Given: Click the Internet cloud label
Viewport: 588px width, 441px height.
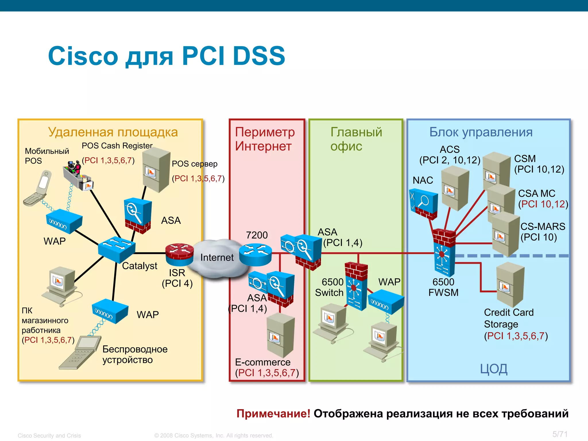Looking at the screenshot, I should [217, 258].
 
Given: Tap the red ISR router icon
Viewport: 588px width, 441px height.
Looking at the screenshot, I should [179, 254].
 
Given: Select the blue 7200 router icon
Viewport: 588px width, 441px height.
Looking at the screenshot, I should [255, 254].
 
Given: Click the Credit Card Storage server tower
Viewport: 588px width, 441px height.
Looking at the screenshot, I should [510, 285].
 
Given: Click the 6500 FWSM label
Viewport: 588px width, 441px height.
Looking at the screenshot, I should [443, 287].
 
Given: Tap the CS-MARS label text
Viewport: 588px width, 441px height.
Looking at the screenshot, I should [543, 227].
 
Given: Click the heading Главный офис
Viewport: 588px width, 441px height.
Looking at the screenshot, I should [356, 139].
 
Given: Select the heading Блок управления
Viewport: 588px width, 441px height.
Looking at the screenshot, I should [481, 132].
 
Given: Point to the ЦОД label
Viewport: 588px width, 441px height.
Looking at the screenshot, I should [494, 369].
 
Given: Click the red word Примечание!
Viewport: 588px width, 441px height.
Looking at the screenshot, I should [273, 414].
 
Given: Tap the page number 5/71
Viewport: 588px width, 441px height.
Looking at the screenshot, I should [560, 434].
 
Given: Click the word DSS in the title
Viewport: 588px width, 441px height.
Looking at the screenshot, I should [259, 56].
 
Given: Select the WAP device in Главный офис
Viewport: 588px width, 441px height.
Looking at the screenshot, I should [386, 302].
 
